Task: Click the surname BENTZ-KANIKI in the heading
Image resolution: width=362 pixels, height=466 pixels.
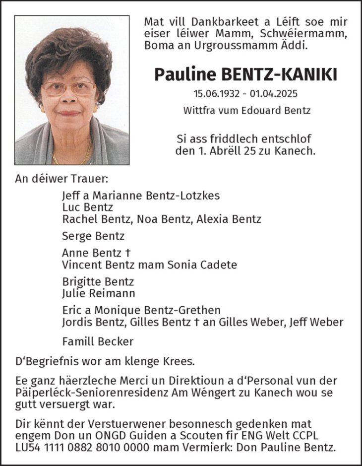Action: [x=281, y=74]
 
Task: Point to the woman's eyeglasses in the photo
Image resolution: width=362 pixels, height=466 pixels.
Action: [x=76, y=88]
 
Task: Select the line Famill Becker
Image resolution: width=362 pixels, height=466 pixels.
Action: [x=97, y=341]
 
